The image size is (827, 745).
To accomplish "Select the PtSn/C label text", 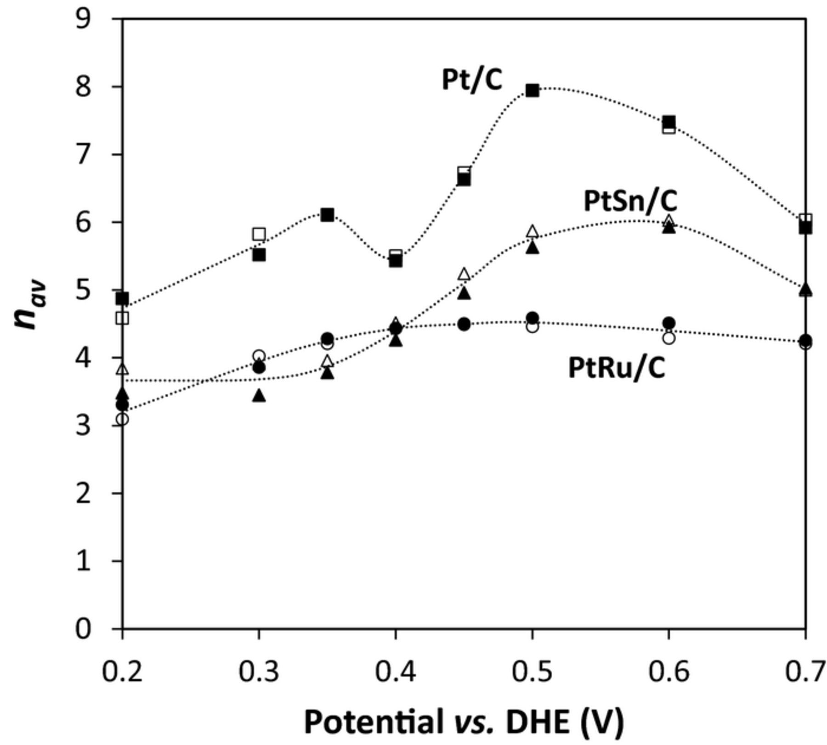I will pos(630,202).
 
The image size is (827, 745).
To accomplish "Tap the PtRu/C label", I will pos(617,369).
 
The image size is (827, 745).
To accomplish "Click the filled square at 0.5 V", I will pos(532,90).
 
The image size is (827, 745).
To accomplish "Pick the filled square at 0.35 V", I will pos(327,214).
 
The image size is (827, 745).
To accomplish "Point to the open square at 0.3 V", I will pos(259,234).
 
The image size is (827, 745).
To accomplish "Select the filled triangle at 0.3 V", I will pos(259,395).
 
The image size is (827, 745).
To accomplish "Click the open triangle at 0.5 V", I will pos(532,231).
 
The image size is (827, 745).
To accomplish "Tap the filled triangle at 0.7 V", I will pos(805,289).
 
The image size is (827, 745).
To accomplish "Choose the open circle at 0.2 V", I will pos(122,419).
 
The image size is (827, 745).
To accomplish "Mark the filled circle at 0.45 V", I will pos(464,324).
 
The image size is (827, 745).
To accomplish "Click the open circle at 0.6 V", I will pos(669,338).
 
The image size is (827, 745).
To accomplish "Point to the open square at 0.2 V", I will pos(122,318).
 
